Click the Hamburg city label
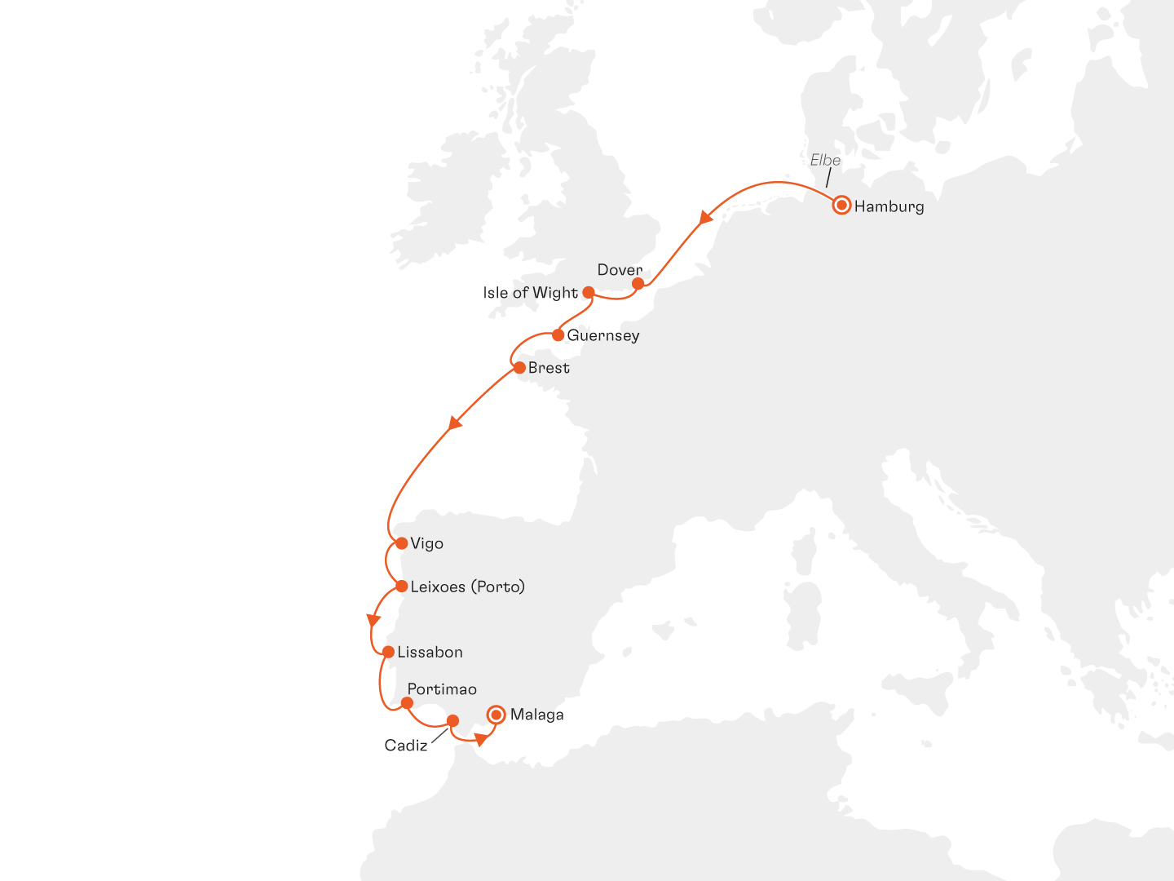(889, 206)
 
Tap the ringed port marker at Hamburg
(841, 205)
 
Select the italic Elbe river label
(825, 160)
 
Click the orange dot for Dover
(638, 283)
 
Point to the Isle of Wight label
(530, 293)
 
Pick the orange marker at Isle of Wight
(588, 292)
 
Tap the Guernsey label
(603, 335)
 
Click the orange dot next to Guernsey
(558, 335)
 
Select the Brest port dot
(519, 368)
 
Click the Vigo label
(426, 543)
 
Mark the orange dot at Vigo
(401, 543)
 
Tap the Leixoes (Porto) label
(467, 587)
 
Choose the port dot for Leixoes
(401, 586)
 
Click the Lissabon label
(430, 652)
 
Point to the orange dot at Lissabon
(388, 652)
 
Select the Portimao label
(442, 689)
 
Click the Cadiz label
(406, 745)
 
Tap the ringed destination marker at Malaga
(496, 715)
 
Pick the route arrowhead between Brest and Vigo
(455, 423)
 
